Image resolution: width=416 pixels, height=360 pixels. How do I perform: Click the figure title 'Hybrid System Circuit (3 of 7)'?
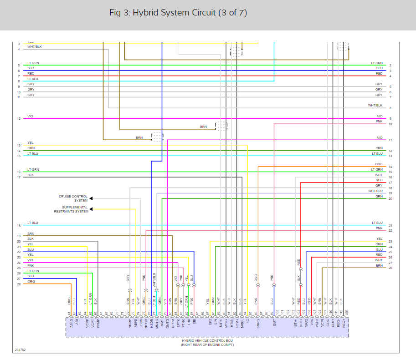(x=178, y=13)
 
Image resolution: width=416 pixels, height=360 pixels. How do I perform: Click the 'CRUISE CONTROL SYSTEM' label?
(x=73, y=198)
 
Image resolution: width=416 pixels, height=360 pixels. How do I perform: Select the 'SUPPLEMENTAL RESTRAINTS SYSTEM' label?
(x=71, y=209)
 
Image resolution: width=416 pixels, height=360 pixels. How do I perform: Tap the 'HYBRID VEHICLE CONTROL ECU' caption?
(x=207, y=341)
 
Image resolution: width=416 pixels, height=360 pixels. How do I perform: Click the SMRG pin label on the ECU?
(x=258, y=324)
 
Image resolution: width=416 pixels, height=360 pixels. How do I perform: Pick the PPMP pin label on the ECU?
(x=98, y=324)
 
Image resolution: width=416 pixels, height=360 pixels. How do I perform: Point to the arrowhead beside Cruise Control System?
(x=91, y=198)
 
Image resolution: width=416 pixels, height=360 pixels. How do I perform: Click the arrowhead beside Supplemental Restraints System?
(x=91, y=209)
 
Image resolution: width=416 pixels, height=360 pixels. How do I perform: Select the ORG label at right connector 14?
(x=379, y=164)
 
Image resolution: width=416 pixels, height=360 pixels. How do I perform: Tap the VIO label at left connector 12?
(x=30, y=117)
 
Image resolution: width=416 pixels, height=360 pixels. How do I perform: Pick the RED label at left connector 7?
(x=31, y=73)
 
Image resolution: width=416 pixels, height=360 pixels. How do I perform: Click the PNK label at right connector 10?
(x=379, y=122)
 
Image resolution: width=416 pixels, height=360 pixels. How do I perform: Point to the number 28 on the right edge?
(x=390, y=268)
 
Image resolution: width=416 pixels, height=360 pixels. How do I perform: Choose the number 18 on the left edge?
(x=19, y=226)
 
